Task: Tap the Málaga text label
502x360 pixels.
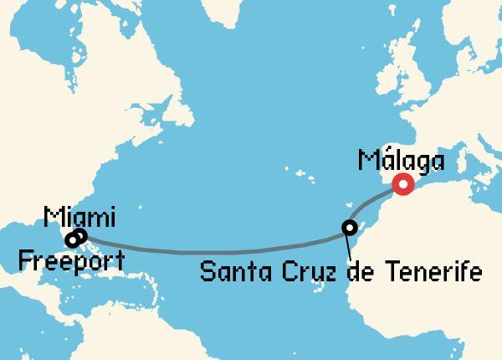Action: (399, 160)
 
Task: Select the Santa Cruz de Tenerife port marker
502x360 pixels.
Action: (350, 227)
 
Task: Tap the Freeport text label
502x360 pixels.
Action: (70, 260)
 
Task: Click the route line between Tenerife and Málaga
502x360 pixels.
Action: (375, 203)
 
